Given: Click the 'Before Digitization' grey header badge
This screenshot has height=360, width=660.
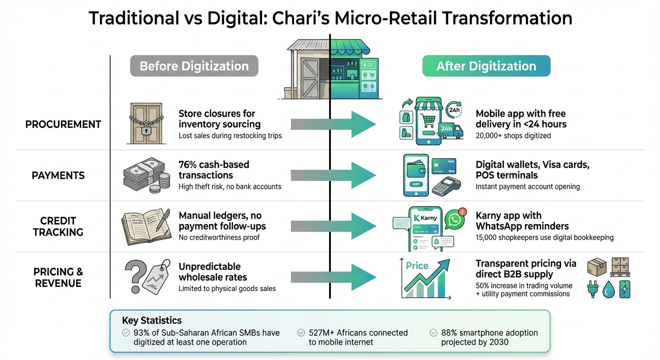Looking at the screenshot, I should (194, 66).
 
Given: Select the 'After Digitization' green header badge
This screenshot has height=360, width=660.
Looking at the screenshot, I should (486, 66).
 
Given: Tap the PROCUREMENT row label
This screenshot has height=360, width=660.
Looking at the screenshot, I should (63, 124).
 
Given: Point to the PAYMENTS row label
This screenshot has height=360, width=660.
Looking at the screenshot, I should (58, 175).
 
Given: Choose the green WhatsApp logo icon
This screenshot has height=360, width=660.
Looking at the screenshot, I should (453, 220).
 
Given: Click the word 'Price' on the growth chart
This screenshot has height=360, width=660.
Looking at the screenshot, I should (417, 265).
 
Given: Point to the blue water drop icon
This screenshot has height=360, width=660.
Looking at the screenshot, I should (608, 290).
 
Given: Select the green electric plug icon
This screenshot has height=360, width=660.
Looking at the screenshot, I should (593, 289).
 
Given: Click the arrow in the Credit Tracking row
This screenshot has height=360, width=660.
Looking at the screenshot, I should (334, 226).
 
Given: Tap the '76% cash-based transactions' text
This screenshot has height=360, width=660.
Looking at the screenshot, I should (214, 170).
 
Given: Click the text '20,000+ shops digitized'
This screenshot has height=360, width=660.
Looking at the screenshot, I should (513, 136).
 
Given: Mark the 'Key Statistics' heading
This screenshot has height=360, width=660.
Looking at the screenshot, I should (151, 321).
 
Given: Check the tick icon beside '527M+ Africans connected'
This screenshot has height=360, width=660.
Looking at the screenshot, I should (301, 333).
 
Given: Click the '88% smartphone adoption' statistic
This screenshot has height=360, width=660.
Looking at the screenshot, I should (489, 333).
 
